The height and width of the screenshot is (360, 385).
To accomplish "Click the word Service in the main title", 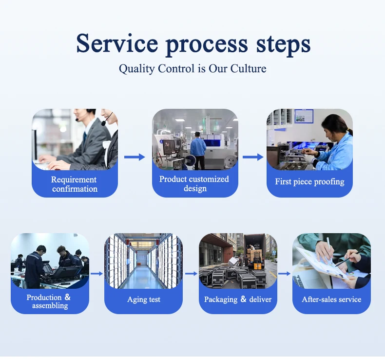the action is tap(117, 43).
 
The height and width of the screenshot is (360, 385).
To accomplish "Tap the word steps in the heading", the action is tap(283, 45).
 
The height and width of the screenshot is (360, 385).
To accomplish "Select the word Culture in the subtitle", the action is tap(248, 68).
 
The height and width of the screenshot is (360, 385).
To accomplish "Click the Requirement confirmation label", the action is tap(75, 184).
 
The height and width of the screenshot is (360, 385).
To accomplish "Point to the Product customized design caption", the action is tap(194, 183).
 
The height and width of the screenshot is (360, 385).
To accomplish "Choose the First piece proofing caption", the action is tap(309, 181).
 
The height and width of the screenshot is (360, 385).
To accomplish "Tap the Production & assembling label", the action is tap(49, 301).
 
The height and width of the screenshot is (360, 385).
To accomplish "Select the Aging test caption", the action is tap(144, 300).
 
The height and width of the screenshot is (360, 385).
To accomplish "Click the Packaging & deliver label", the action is tap(238, 299).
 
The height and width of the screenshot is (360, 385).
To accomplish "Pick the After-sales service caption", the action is tap(331, 299).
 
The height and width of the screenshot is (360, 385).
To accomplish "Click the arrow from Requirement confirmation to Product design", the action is tap(135, 157).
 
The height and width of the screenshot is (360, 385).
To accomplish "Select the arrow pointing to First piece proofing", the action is tap(253, 157).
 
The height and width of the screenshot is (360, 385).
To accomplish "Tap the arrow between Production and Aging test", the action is tap(97, 274).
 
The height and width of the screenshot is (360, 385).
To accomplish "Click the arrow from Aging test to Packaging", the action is tap(191, 274).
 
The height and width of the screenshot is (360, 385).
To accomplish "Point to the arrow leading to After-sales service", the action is tap(284, 274).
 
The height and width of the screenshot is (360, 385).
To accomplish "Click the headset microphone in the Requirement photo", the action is tap(103, 123).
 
